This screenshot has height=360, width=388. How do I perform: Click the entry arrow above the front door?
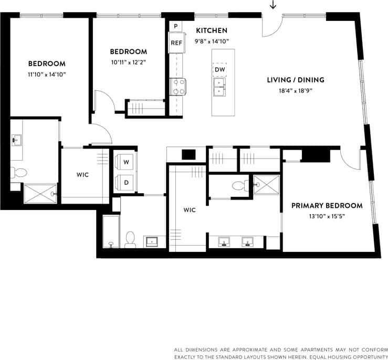click(x=272, y=5)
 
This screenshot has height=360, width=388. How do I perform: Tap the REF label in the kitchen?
click(x=176, y=43)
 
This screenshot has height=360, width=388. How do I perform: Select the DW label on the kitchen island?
click(x=219, y=69)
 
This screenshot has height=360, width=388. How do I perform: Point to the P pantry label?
click(x=175, y=26)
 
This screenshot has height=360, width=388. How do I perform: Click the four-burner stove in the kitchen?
click(x=177, y=86)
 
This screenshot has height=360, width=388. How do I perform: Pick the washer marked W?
click(x=126, y=163)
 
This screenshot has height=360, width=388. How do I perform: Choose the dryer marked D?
click(x=126, y=182)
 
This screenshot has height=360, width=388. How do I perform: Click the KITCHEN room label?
click(x=212, y=30)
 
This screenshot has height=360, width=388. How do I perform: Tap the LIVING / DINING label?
click(x=295, y=80)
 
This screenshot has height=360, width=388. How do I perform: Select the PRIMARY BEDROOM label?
click(x=327, y=205)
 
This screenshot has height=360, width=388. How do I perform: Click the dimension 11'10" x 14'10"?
click(x=47, y=74)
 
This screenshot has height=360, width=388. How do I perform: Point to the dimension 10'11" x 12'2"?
click(x=128, y=62)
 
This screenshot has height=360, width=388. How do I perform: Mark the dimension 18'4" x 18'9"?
click(x=295, y=90)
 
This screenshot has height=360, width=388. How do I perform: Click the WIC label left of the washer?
click(x=82, y=175)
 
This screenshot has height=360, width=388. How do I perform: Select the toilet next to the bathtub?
click(x=130, y=239)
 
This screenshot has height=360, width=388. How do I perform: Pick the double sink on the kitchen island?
click(x=219, y=87)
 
